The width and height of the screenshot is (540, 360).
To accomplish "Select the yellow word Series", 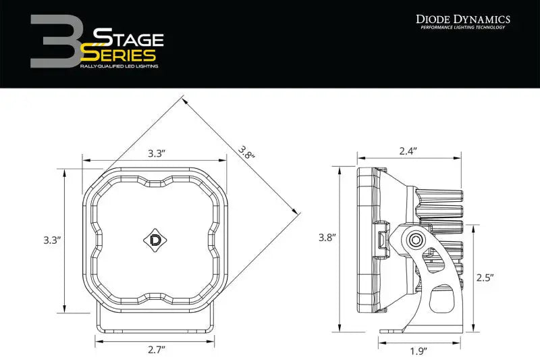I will [122, 55].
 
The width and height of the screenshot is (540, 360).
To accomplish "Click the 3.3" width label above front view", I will [157, 153].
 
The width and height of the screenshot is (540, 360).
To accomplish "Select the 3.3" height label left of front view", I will [52, 240].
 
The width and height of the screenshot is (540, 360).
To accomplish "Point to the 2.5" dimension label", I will [485, 277].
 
